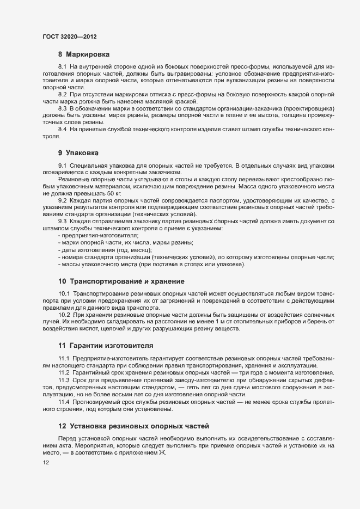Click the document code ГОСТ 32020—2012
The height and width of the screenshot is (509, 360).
tap(69, 37)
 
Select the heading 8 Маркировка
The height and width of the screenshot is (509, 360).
tap(84, 54)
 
